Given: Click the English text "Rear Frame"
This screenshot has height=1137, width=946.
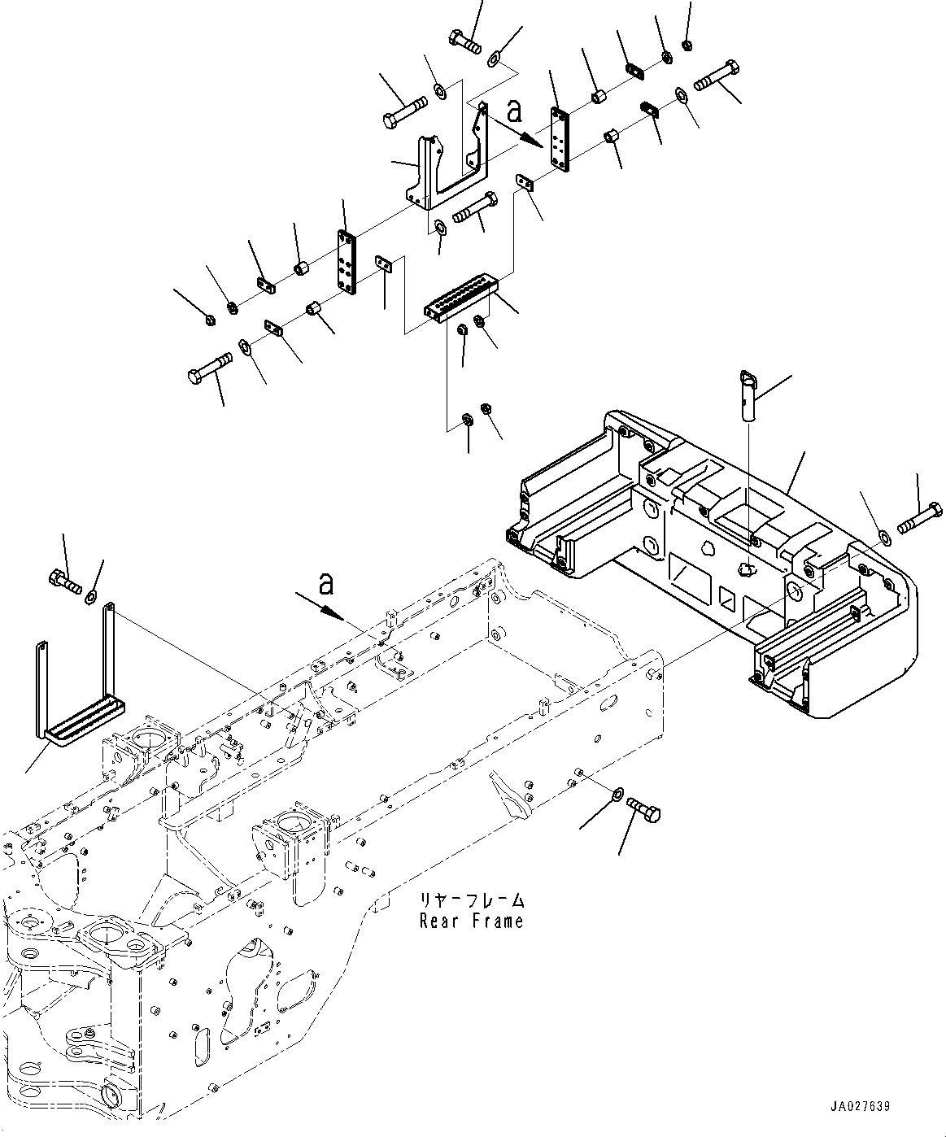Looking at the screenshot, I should point(471,921).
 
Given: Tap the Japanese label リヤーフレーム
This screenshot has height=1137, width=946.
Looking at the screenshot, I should point(471,901).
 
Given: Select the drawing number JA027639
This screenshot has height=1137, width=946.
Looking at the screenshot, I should point(860,1106).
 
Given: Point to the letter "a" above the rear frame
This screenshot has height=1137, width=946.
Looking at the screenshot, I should point(326,582).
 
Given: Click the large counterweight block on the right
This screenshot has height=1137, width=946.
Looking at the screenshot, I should point(716,569).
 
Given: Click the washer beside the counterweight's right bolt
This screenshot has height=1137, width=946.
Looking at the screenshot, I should point(884,538).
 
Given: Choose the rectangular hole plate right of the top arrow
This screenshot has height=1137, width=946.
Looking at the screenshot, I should point(560,139).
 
